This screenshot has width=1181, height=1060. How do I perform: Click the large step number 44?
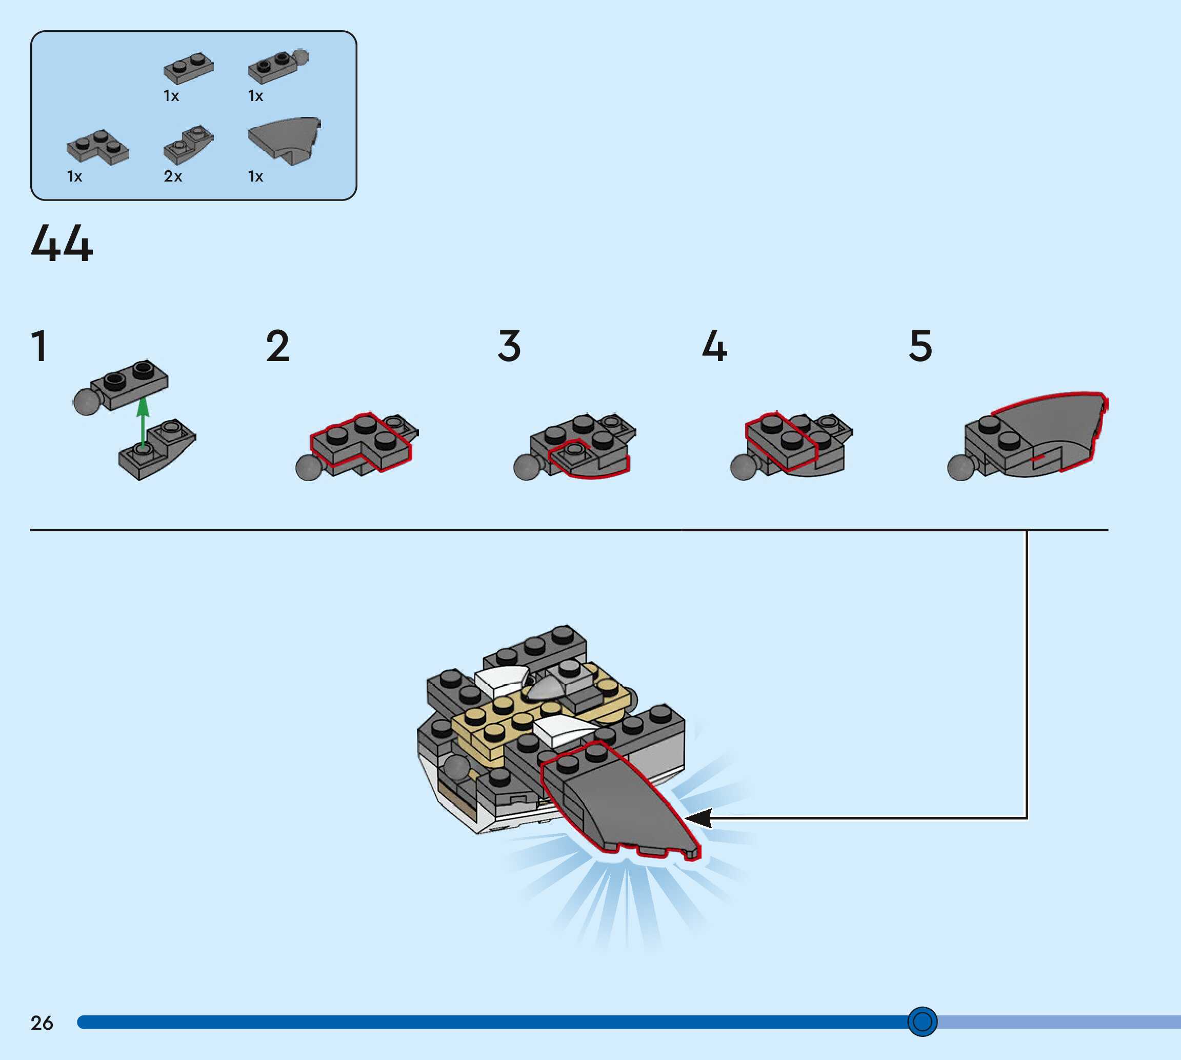point(62,244)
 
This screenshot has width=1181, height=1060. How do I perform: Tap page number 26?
point(42,1023)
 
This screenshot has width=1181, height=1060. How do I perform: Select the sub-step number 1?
point(39,346)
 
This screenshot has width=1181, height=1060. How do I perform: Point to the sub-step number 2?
point(277,346)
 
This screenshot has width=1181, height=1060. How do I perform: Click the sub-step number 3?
point(509,346)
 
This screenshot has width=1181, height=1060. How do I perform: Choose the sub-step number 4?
point(714,346)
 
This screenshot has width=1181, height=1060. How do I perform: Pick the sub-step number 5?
point(920,346)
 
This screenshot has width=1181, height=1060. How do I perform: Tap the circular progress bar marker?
point(922,1021)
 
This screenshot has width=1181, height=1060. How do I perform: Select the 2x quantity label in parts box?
point(173,176)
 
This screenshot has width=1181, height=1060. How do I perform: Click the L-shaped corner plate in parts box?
point(98,146)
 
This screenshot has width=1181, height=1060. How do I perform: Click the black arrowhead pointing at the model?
point(699,818)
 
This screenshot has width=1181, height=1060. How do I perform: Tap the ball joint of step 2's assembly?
point(308,468)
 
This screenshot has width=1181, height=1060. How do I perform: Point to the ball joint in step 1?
point(86,402)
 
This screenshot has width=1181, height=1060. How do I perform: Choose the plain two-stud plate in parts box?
point(188,68)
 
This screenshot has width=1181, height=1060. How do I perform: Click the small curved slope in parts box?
point(188,145)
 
